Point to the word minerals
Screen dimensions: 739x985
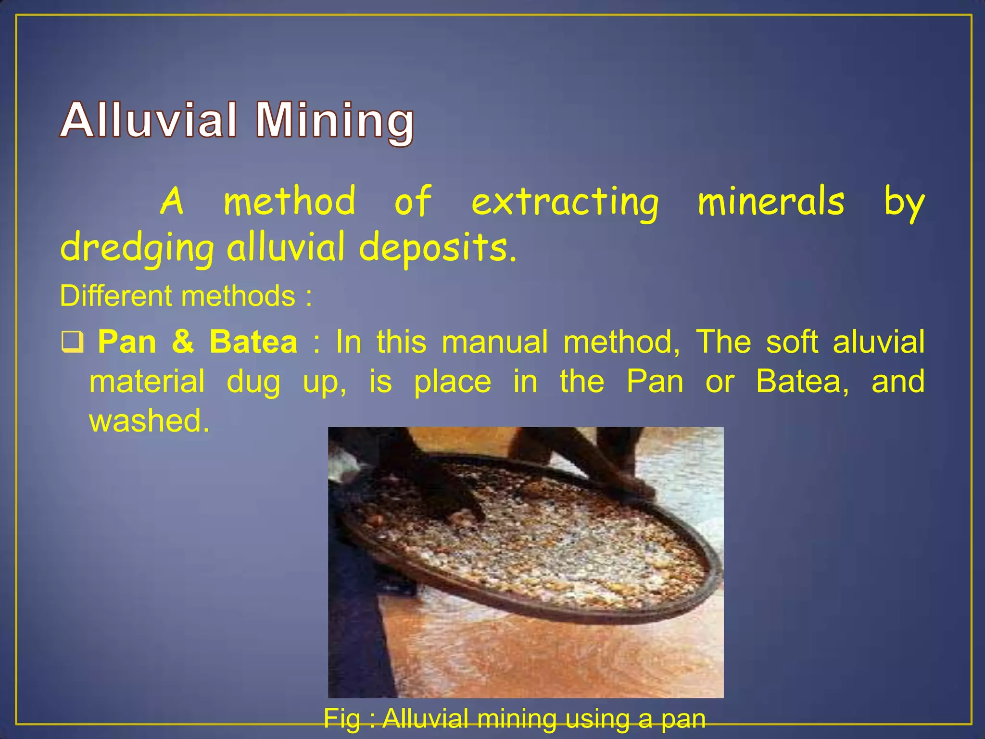tap(770, 201)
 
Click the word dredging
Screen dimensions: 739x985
tap(137, 248)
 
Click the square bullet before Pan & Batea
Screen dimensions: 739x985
tap(73, 342)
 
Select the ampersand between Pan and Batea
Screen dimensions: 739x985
tap(183, 342)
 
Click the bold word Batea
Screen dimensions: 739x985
tap(253, 342)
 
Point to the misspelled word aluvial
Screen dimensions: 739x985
tap(878, 342)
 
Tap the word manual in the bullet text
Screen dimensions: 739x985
tap(494, 342)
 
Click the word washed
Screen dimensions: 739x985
tap(149, 420)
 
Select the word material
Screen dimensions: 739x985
tap(147, 381)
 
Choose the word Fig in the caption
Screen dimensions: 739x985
tap(341, 719)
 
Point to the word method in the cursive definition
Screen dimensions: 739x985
tap(290, 201)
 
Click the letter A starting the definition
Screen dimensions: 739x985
tap(172, 201)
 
